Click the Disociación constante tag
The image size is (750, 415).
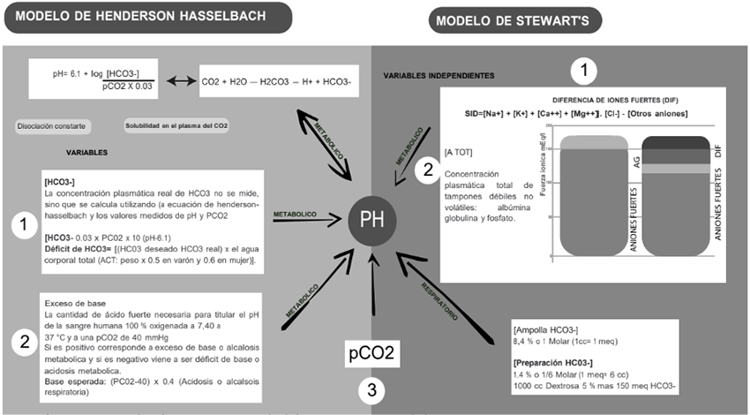(53, 126)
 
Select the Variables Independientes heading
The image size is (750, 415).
(439, 77)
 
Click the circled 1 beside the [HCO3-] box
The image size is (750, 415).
(20, 227)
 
